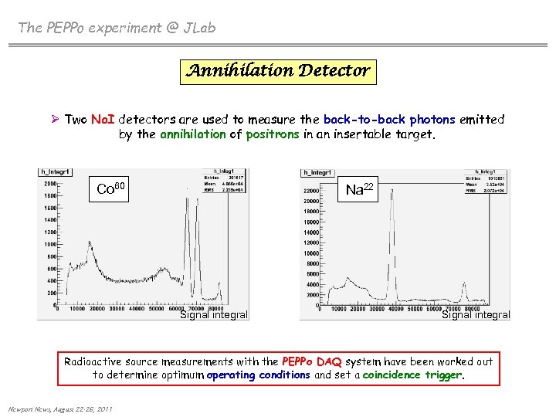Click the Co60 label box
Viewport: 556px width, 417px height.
coord(116,188)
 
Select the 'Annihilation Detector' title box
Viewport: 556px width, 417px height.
coord(278,72)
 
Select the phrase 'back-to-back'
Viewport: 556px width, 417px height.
coord(364,120)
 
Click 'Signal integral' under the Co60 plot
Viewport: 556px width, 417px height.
coord(214,314)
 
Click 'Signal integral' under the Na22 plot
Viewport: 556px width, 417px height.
coord(476,314)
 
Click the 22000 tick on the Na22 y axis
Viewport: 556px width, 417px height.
coord(311,191)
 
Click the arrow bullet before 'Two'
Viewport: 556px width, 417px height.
coord(55,120)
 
